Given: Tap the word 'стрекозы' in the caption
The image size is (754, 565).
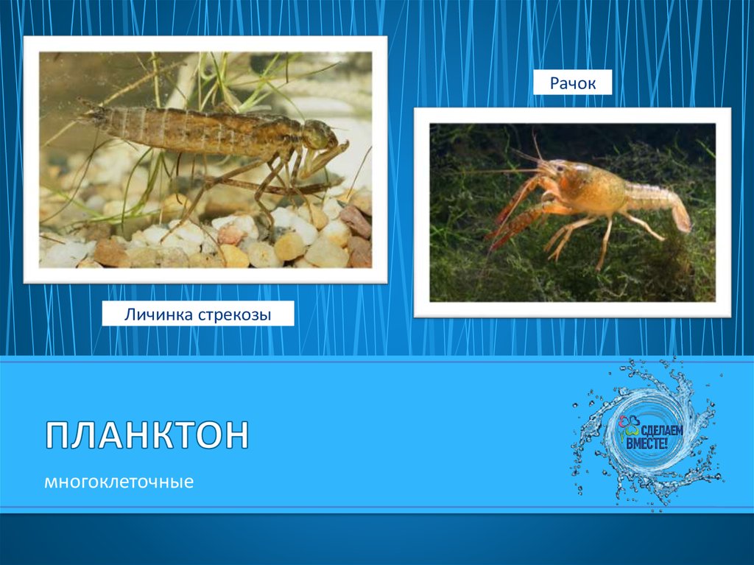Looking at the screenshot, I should (235, 315).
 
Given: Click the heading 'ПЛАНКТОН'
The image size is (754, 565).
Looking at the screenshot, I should (147, 436).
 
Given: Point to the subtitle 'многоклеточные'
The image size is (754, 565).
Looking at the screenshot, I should (119, 483).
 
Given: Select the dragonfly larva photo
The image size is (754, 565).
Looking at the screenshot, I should (205, 158).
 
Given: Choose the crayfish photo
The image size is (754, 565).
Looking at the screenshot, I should (572, 212).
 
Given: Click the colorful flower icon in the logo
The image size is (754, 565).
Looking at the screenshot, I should (626, 423).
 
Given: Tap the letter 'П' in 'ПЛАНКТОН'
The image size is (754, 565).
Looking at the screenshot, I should (58, 436).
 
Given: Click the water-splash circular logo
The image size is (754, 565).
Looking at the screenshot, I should (646, 435).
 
